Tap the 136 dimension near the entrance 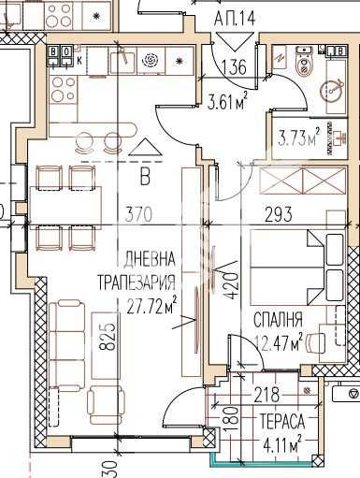coord(236,67)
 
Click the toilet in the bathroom coord(302,64)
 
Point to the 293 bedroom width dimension coord(279,214)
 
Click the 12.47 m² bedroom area coord(280,341)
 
